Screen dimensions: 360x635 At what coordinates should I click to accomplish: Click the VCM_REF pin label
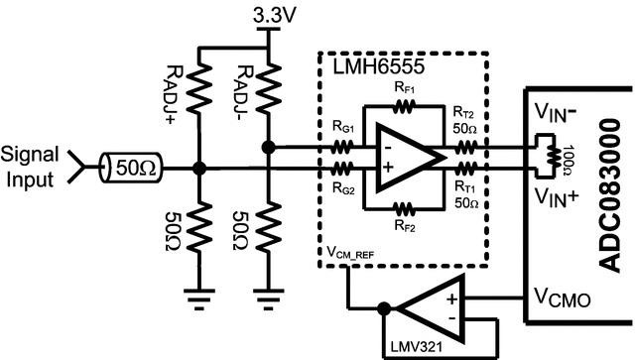point(356,254)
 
